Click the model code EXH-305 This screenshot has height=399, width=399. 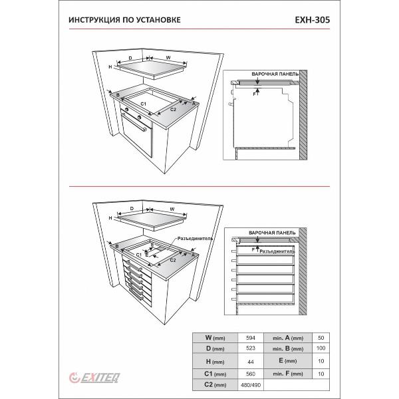(311, 20)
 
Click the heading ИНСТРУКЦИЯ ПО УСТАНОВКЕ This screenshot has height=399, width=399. (124, 20)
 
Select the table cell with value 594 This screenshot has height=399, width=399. (249, 338)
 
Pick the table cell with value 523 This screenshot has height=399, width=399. (249, 348)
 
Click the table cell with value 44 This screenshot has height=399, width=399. (249, 362)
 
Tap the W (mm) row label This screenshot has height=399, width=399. (215, 338)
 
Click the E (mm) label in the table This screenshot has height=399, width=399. (289, 362)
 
